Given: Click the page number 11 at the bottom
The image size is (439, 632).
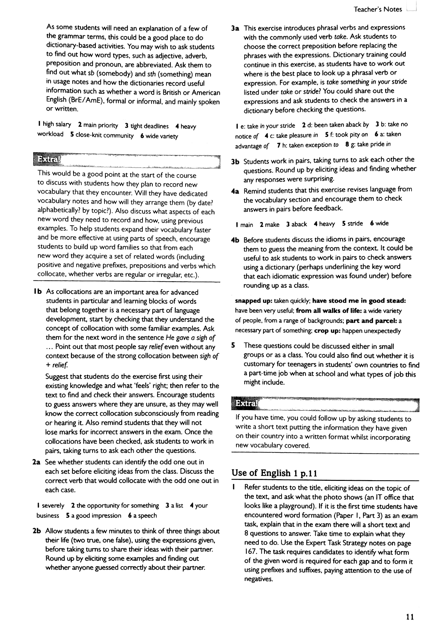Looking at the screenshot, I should point(410,617).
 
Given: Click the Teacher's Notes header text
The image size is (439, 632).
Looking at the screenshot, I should point(378,9).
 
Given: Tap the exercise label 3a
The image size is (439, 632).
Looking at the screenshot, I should point(235,28).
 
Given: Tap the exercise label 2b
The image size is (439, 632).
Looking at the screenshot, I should point(37,531).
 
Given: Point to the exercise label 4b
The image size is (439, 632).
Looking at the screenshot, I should point(235,240).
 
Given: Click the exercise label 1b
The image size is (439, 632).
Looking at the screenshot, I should point(38,292).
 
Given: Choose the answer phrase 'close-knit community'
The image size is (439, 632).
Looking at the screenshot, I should point(105,136).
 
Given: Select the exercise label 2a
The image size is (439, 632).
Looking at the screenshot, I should point(37,462).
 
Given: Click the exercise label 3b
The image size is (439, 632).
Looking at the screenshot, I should point(235,162).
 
